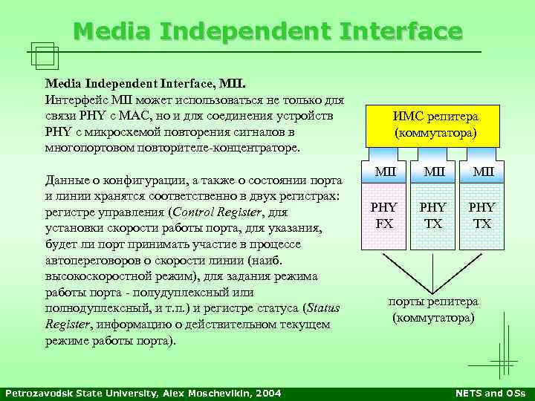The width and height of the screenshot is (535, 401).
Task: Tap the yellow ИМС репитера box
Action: [436, 125]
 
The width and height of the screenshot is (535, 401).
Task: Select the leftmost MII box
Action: [385, 173]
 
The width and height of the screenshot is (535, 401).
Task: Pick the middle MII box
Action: [433, 173]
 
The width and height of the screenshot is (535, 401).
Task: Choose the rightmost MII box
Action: [482, 173]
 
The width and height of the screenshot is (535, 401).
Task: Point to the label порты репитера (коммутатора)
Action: [435, 310]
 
